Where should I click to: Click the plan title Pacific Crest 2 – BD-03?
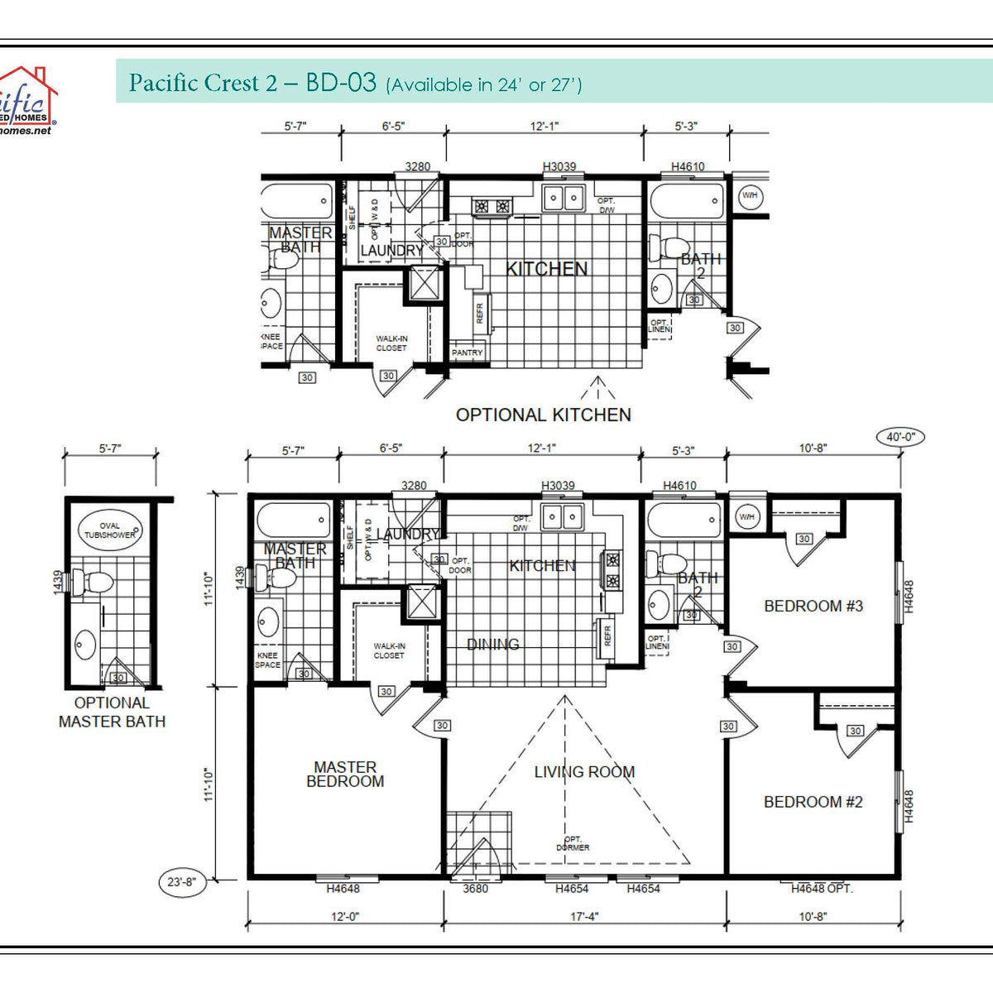point(252,83)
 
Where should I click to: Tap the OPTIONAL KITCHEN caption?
point(543,415)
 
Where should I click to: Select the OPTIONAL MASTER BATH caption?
point(112,712)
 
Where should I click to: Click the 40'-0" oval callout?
point(899,437)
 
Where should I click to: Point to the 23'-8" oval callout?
point(181,882)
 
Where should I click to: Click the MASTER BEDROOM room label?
point(345,775)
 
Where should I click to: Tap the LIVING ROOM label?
point(584,772)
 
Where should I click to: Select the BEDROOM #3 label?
point(813,606)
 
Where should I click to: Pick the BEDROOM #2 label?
point(813,802)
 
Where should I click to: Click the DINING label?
point(493,644)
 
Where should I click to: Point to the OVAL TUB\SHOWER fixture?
point(109,530)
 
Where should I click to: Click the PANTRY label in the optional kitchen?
point(467,353)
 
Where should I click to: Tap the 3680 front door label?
point(475,889)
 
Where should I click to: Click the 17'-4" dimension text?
point(584,917)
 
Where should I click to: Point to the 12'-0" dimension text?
point(345,917)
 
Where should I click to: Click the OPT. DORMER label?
point(573,843)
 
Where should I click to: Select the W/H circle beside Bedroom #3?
point(746,517)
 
